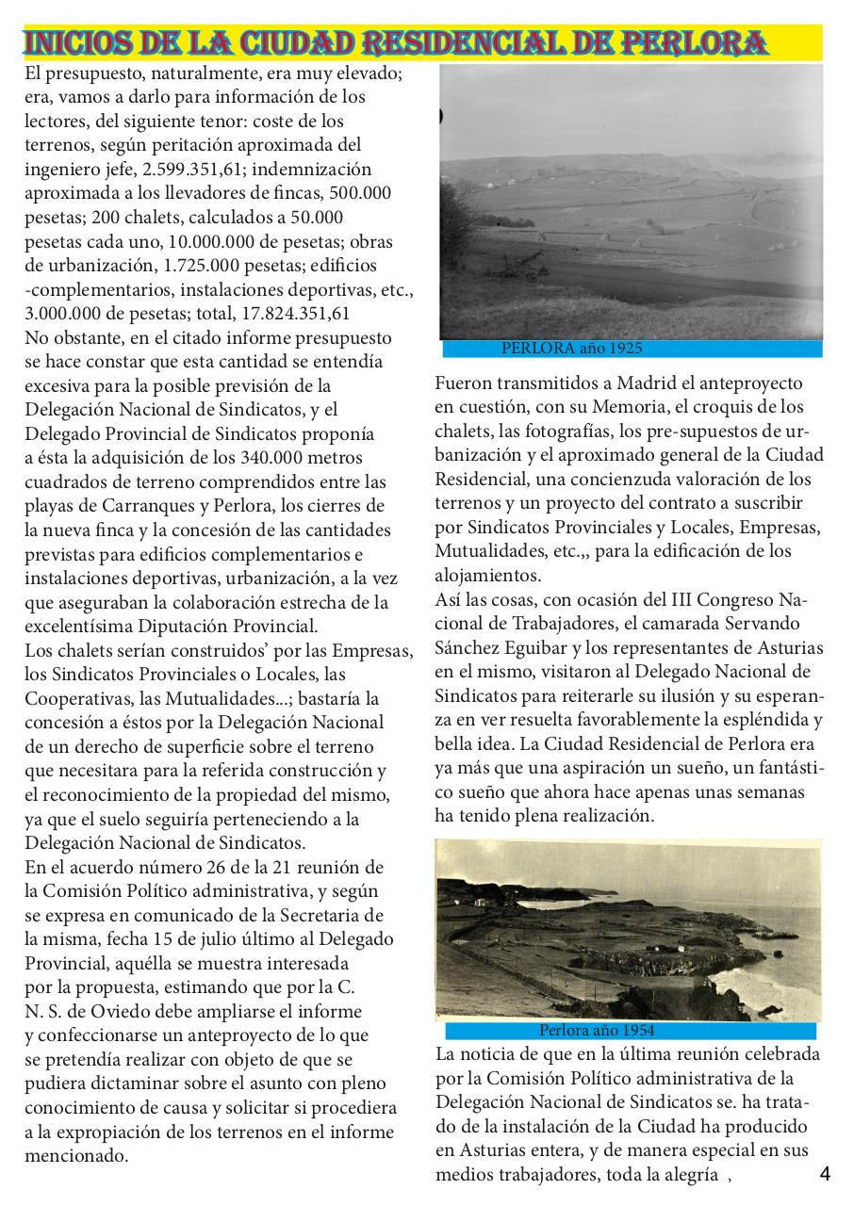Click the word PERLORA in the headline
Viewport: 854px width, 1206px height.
click(697, 43)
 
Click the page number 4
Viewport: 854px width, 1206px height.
click(825, 1174)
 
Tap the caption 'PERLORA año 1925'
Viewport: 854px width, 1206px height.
click(571, 349)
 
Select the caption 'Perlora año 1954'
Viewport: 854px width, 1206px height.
click(597, 1031)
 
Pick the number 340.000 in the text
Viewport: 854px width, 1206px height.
click(292, 459)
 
